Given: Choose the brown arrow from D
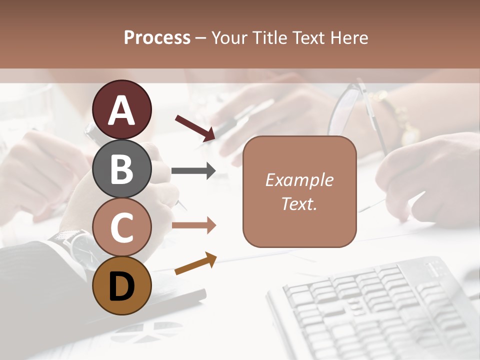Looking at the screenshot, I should tap(195, 263).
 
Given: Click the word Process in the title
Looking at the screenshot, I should tap(157, 37).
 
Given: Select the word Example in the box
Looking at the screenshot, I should tap(299, 180).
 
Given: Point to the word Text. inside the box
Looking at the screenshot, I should tap(299, 203).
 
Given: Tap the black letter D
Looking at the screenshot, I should tap(121, 286).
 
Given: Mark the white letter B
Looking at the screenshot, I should tap(121, 169).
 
